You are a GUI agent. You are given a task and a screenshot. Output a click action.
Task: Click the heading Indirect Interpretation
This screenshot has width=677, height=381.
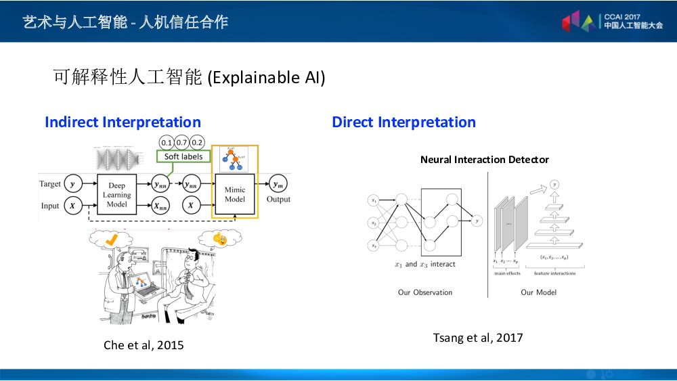123,122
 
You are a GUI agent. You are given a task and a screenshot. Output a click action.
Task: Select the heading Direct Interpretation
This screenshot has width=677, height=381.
403,122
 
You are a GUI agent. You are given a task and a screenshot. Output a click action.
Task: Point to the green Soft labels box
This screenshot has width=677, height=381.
183,156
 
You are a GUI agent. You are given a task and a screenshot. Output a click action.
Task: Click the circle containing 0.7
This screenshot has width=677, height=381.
182,142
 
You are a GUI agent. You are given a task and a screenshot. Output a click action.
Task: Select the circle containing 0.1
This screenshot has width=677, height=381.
167,142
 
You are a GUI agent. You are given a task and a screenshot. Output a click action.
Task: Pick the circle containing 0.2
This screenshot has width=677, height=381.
197,142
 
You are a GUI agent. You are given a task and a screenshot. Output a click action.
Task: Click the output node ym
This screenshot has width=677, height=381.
278,183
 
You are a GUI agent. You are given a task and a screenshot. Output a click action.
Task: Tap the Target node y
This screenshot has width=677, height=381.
72,184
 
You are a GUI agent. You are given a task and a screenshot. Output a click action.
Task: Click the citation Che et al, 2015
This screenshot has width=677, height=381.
144,345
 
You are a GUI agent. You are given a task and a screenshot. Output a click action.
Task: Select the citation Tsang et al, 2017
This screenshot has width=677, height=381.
478,338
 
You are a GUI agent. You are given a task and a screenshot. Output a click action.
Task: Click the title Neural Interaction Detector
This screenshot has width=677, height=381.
484,160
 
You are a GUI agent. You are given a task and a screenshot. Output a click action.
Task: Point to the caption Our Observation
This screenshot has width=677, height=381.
425,292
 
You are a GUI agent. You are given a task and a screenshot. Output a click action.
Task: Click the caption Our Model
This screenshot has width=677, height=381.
537,292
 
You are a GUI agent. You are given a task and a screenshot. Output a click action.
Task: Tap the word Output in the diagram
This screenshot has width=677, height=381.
278,200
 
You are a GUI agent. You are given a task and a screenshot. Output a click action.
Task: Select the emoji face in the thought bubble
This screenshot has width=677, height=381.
219,238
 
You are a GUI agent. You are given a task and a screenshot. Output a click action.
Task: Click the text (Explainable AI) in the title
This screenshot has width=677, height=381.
266,78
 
